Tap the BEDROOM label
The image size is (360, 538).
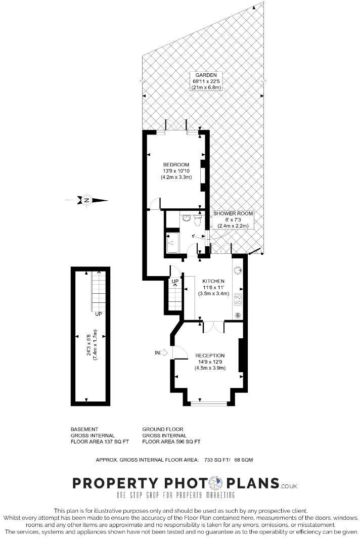pyautogui.click(x=176, y=165)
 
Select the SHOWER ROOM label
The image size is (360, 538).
pyautogui.click(x=233, y=213)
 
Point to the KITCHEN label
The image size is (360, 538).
pyautogui.click(x=213, y=281)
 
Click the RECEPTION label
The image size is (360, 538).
pyautogui.click(x=210, y=355)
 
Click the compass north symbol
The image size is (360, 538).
pyautogui.click(x=87, y=200)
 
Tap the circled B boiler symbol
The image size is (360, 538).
pyautogui.click(x=238, y=316)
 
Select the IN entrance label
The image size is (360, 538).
pyautogui.click(x=157, y=352)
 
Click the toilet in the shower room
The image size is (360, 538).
pyautogui.click(x=199, y=220)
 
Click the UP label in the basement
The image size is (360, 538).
pyautogui.click(x=99, y=314)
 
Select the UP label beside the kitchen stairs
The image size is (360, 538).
pyautogui.click(x=175, y=281)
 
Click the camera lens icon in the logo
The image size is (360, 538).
pyautogui.click(x=216, y=483)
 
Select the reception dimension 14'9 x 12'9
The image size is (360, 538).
pyautogui.click(x=210, y=362)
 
